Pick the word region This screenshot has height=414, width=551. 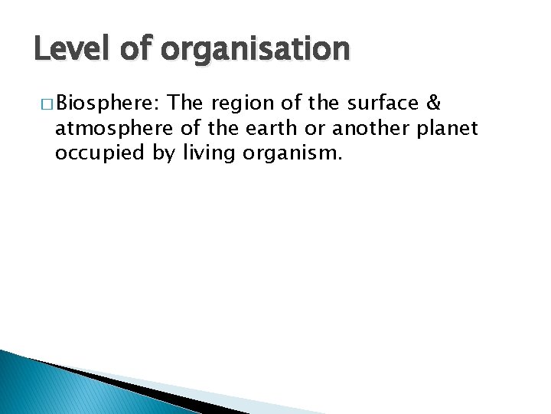[237, 103]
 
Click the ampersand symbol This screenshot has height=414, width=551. [431, 102]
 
